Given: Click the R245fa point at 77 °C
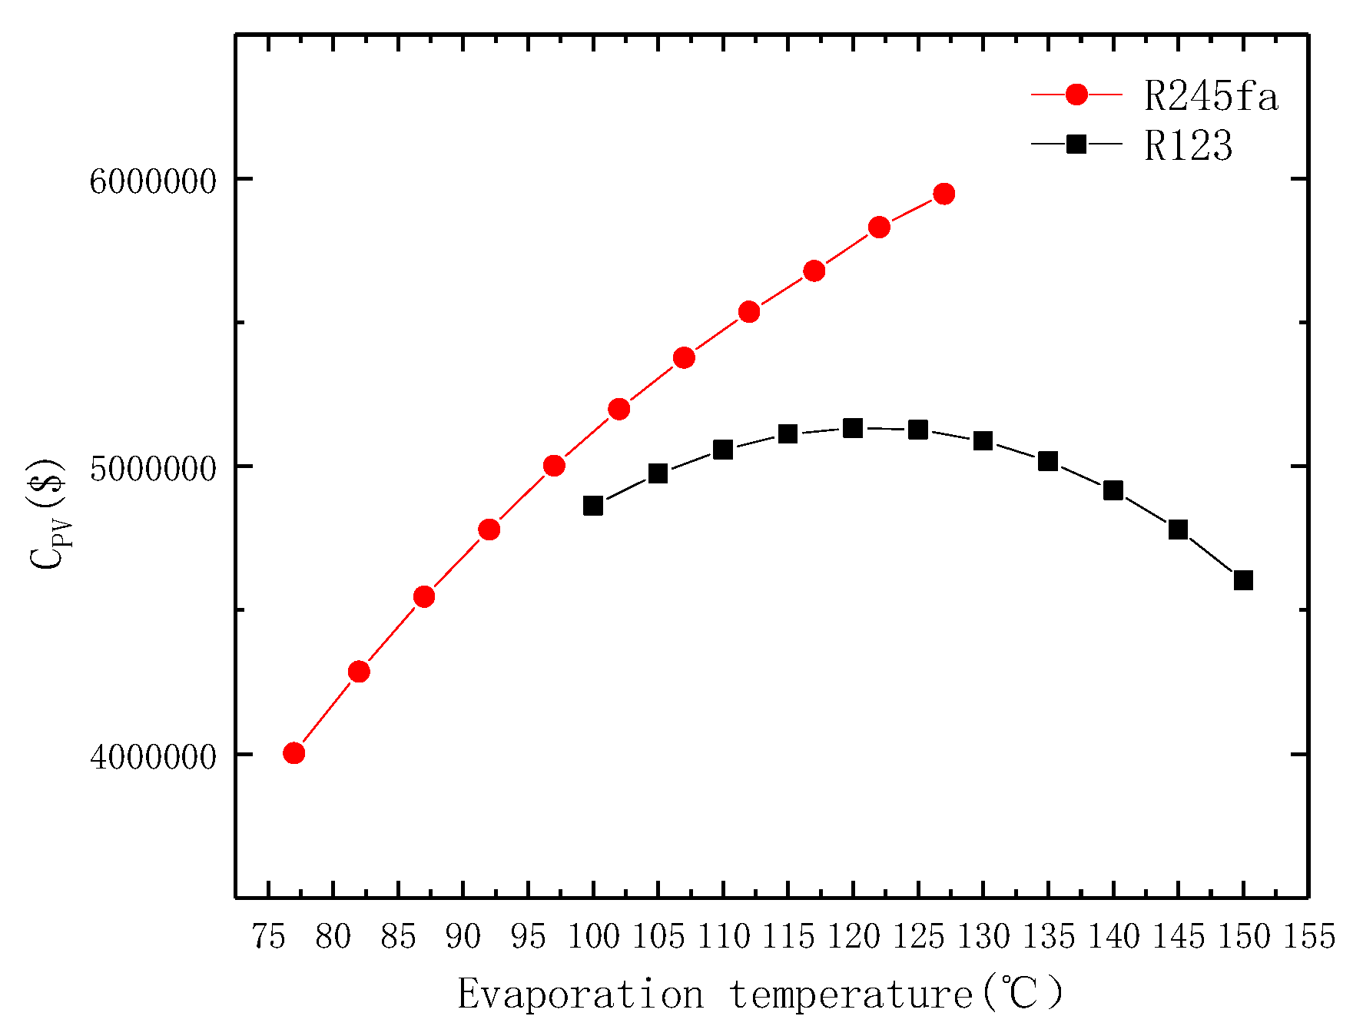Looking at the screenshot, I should (x=294, y=753).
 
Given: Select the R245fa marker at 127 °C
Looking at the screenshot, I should (x=944, y=194).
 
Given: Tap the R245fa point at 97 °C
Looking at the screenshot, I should (x=554, y=466).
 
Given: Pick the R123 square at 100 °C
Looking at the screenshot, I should (x=593, y=506).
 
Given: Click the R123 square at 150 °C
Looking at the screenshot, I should (x=1243, y=580).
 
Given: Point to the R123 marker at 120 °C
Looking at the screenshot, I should (x=853, y=428).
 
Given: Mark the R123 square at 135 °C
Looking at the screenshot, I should (x=1048, y=461).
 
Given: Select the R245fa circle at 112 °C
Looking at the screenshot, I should (x=749, y=312).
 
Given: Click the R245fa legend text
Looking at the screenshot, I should (x=1211, y=97).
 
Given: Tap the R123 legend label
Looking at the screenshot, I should (x=1188, y=145).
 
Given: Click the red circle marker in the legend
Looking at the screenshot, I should (x=1077, y=95).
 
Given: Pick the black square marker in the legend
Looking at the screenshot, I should (x=1077, y=143).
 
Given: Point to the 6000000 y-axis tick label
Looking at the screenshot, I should (x=153, y=182).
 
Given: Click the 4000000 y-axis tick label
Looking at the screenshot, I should (x=153, y=757).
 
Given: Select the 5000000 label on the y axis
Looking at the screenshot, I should (x=153, y=470).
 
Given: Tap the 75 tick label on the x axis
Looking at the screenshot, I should (x=268, y=937).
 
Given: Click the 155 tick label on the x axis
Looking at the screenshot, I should (x=1308, y=937).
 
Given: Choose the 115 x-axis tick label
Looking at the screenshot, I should (x=788, y=937).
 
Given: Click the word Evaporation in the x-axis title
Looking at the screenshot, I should (x=580, y=994).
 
